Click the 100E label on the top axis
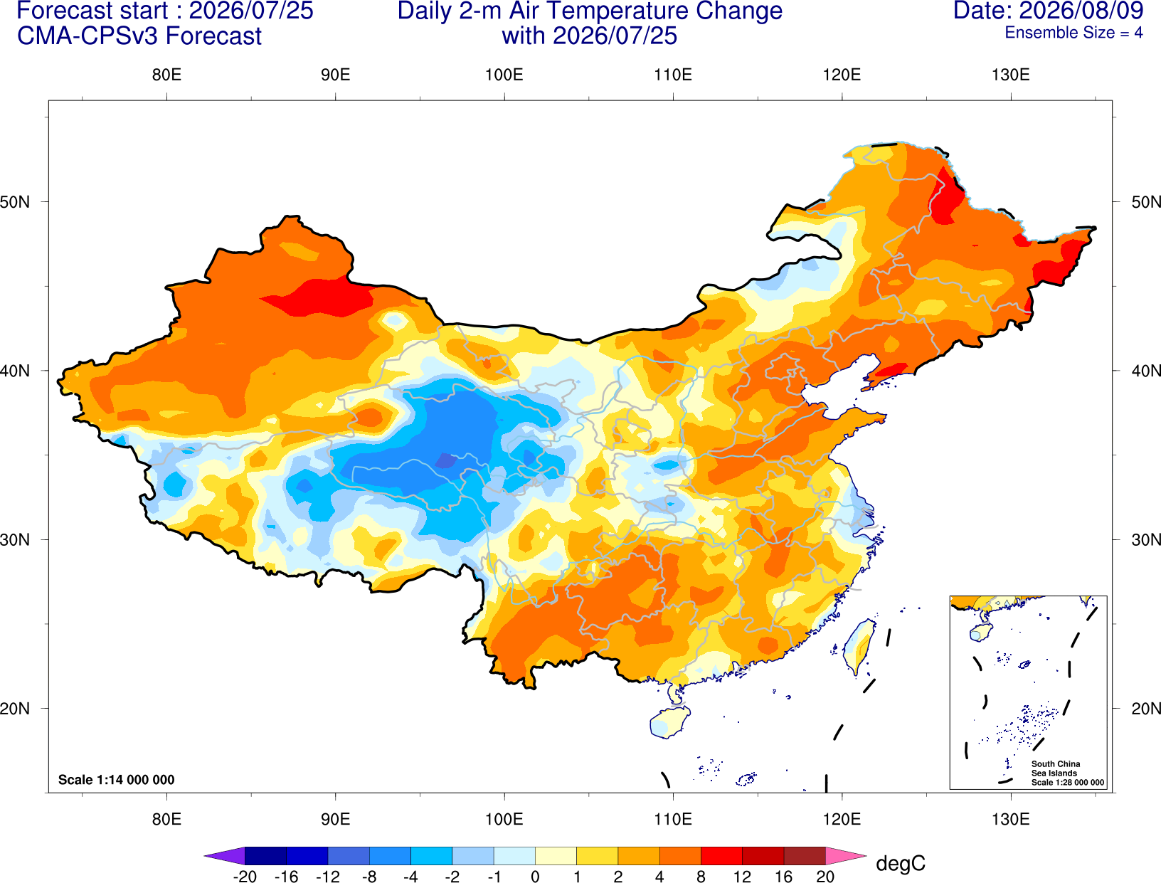pos(504,75)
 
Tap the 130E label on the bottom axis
pos(1010,819)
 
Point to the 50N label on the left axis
pos(15,201)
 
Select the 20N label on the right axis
pos(1145,709)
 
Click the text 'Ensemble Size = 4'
pos(1073,33)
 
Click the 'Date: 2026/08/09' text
pos(1049,11)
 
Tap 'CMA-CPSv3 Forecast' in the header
pos(139,36)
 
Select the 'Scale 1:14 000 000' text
pos(117,779)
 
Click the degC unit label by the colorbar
pos(900,863)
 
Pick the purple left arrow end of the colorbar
pos(225,855)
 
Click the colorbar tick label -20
pos(245,876)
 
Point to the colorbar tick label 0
pos(535,876)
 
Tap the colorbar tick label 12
pos(742,876)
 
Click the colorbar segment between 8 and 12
pos(721,855)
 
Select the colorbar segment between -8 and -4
pos(390,855)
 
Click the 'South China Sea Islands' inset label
pos(1055,768)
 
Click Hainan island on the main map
pos(669,721)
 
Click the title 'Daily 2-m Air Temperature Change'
pos(590,11)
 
